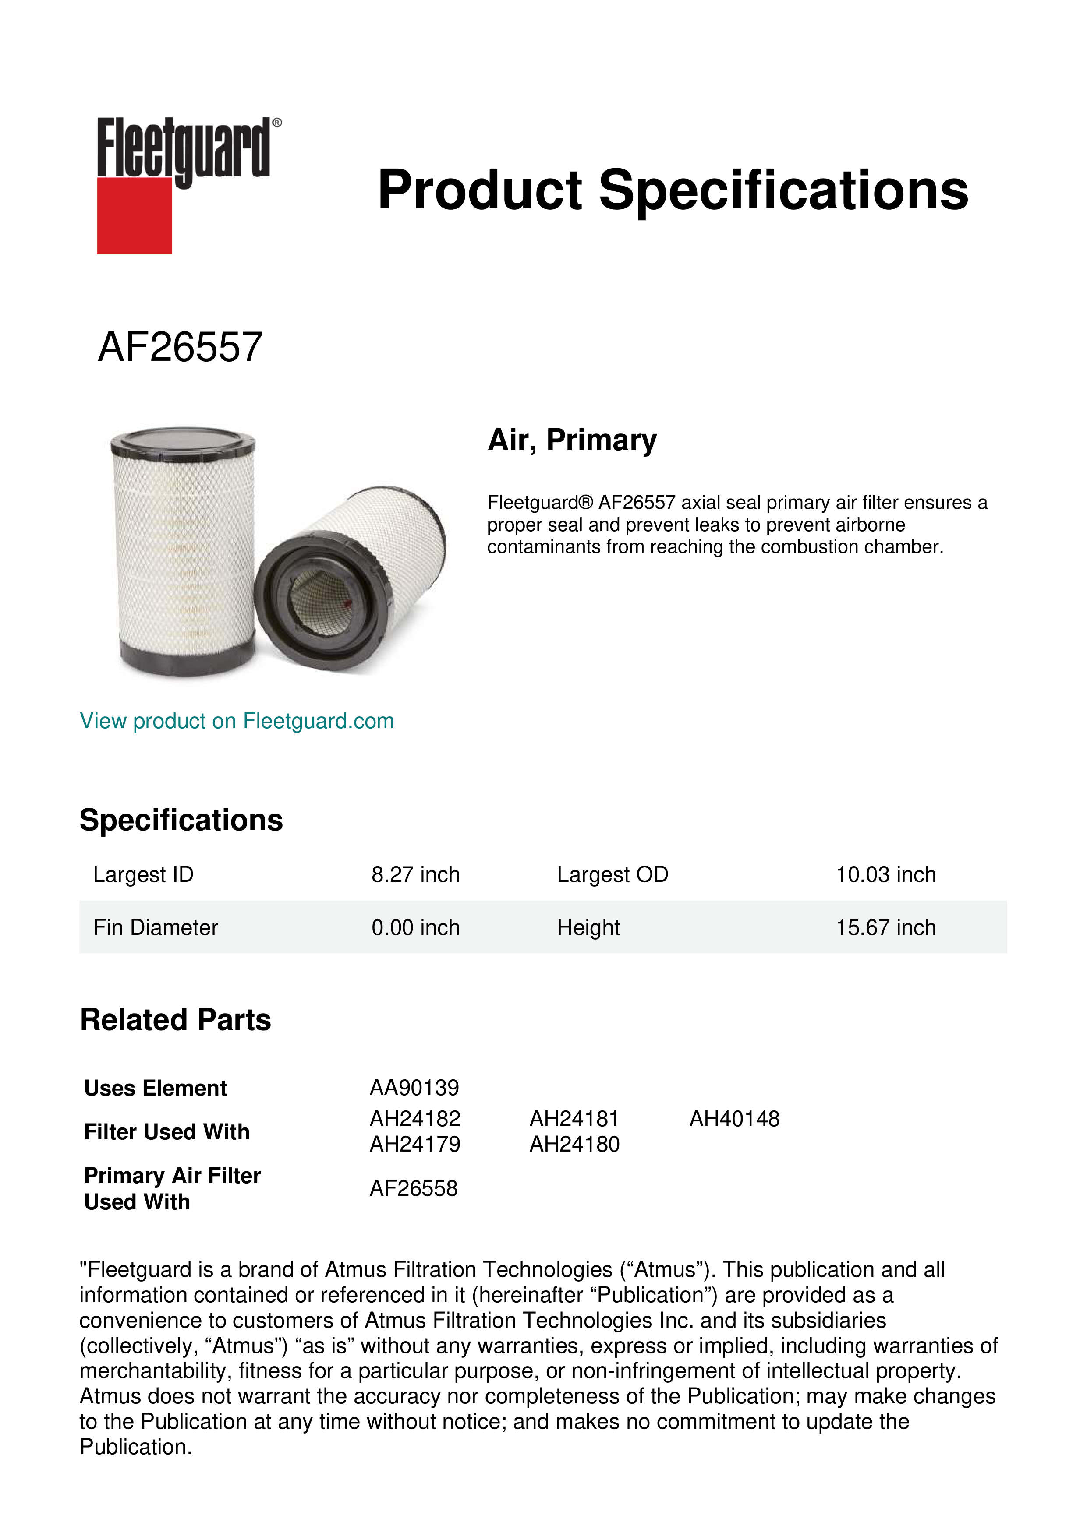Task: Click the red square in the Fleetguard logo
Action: (134, 215)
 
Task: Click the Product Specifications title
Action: (673, 190)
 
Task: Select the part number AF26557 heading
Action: (180, 347)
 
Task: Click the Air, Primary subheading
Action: (572, 440)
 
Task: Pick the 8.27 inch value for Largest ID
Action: (416, 874)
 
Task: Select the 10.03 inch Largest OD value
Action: (885, 874)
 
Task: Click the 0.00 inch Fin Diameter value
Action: (416, 927)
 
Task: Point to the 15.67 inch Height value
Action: (885, 927)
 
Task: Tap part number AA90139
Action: (414, 1088)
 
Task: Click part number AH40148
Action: (734, 1119)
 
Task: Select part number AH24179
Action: (415, 1145)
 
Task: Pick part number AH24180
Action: (574, 1145)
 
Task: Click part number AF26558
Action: (414, 1188)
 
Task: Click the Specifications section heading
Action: (181, 820)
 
